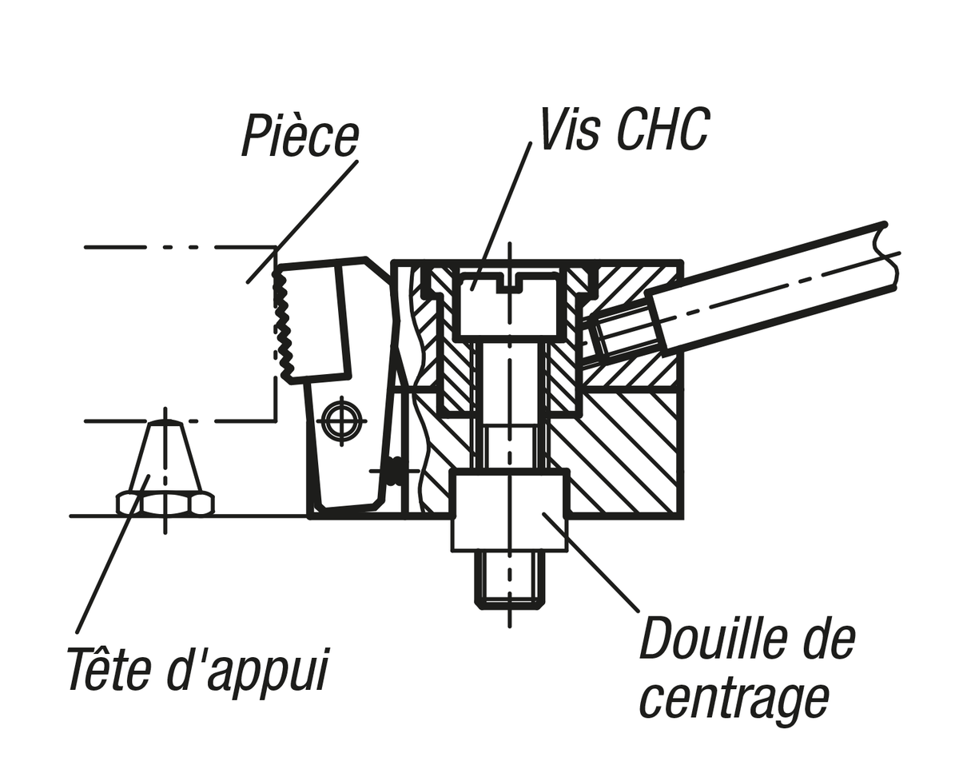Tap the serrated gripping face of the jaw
(x=283, y=324)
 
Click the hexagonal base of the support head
(x=165, y=504)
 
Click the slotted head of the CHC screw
(x=508, y=304)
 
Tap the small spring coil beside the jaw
(x=395, y=471)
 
